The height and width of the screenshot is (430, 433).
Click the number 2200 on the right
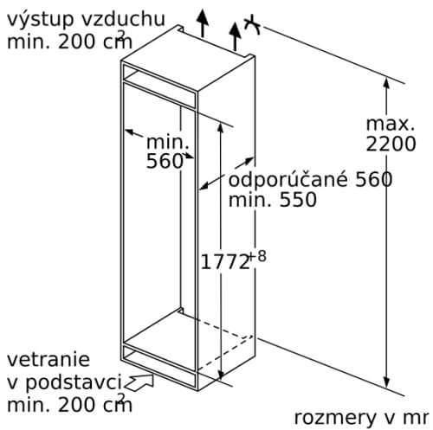[x=391, y=144]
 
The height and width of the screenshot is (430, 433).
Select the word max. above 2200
[x=391, y=124]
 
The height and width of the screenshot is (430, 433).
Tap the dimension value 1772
[x=225, y=262]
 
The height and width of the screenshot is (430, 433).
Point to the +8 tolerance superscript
[x=257, y=256]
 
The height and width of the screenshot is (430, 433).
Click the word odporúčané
[x=288, y=180]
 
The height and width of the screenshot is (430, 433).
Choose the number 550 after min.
[x=298, y=199]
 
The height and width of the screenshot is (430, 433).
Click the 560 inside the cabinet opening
[x=165, y=161]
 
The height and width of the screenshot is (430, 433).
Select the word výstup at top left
[x=40, y=20]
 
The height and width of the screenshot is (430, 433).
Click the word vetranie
[x=48, y=359]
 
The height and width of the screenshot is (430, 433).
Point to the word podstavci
[x=74, y=382]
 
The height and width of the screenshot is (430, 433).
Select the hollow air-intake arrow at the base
[x=139, y=382]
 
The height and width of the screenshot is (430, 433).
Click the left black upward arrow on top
[x=203, y=23]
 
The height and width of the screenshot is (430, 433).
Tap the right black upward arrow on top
[x=236, y=36]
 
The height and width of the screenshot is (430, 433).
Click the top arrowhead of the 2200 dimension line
[x=387, y=82]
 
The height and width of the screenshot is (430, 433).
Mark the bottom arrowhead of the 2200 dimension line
[x=387, y=382]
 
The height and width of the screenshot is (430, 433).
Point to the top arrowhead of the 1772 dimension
[x=221, y=129]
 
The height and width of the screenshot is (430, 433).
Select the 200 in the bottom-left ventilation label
[x=77, y=405]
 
